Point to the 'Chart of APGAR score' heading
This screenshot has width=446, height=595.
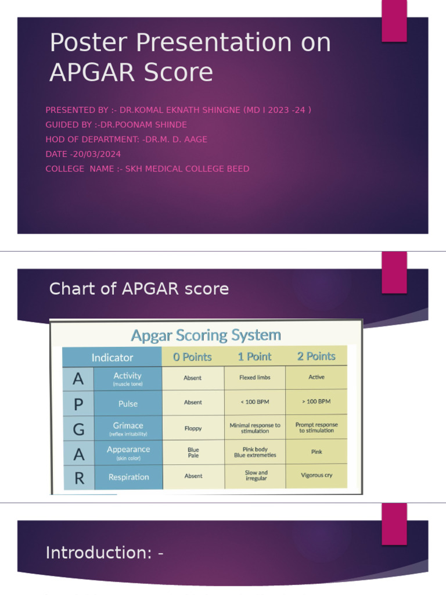coord(139,289)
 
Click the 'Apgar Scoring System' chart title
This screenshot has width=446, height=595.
coord(206,335)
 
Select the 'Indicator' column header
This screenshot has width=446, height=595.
coord(112,357)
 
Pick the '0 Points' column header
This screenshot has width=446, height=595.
coord(192,357)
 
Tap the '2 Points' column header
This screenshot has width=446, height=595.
coord(316,356)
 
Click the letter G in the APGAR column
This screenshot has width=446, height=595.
coord(78,429)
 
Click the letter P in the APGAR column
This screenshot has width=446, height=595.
coord(78,404)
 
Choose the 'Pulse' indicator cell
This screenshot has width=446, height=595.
coord(128,403)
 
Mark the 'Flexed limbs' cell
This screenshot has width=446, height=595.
coord(255,378)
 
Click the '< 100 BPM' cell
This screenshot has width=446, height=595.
coord(255,402)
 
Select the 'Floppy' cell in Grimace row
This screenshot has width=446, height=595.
coord(193,428)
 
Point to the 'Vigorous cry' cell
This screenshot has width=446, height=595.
coord(316,475)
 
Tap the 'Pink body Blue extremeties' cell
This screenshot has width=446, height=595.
coord(255,453)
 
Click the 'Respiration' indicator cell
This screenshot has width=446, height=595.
coord(128,477)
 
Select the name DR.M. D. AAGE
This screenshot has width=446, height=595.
coord(174,139)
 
